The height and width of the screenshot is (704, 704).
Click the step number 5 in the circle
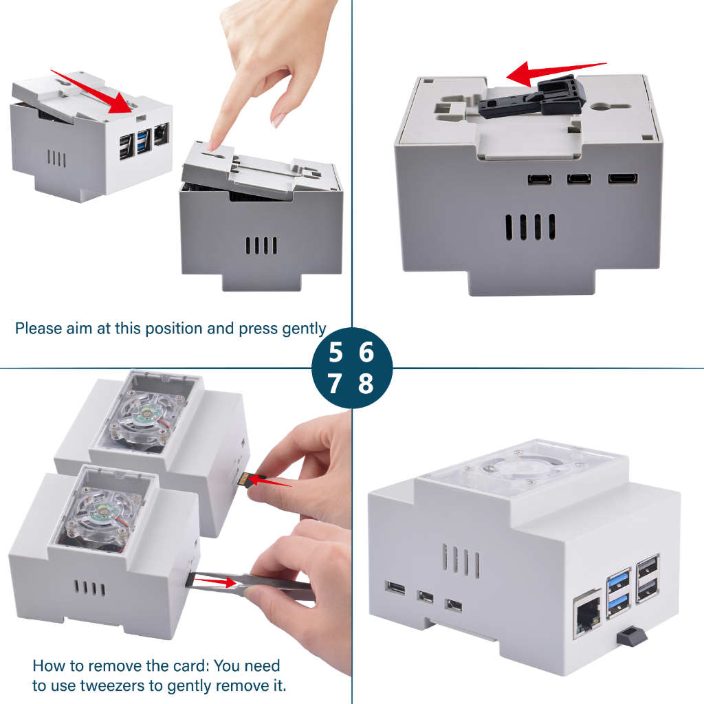(335, 353)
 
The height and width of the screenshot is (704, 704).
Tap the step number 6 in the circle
(366, 353)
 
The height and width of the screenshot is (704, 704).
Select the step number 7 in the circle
(334, 384)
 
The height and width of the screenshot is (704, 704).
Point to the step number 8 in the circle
(366, 384)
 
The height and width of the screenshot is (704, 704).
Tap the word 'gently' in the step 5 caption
(305, 329)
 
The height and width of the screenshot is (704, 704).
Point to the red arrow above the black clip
(556, 73)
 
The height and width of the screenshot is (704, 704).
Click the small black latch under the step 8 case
(631, 637)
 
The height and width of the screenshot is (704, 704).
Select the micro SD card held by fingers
(244, 479)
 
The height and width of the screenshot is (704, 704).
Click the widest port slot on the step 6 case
(622, 179)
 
